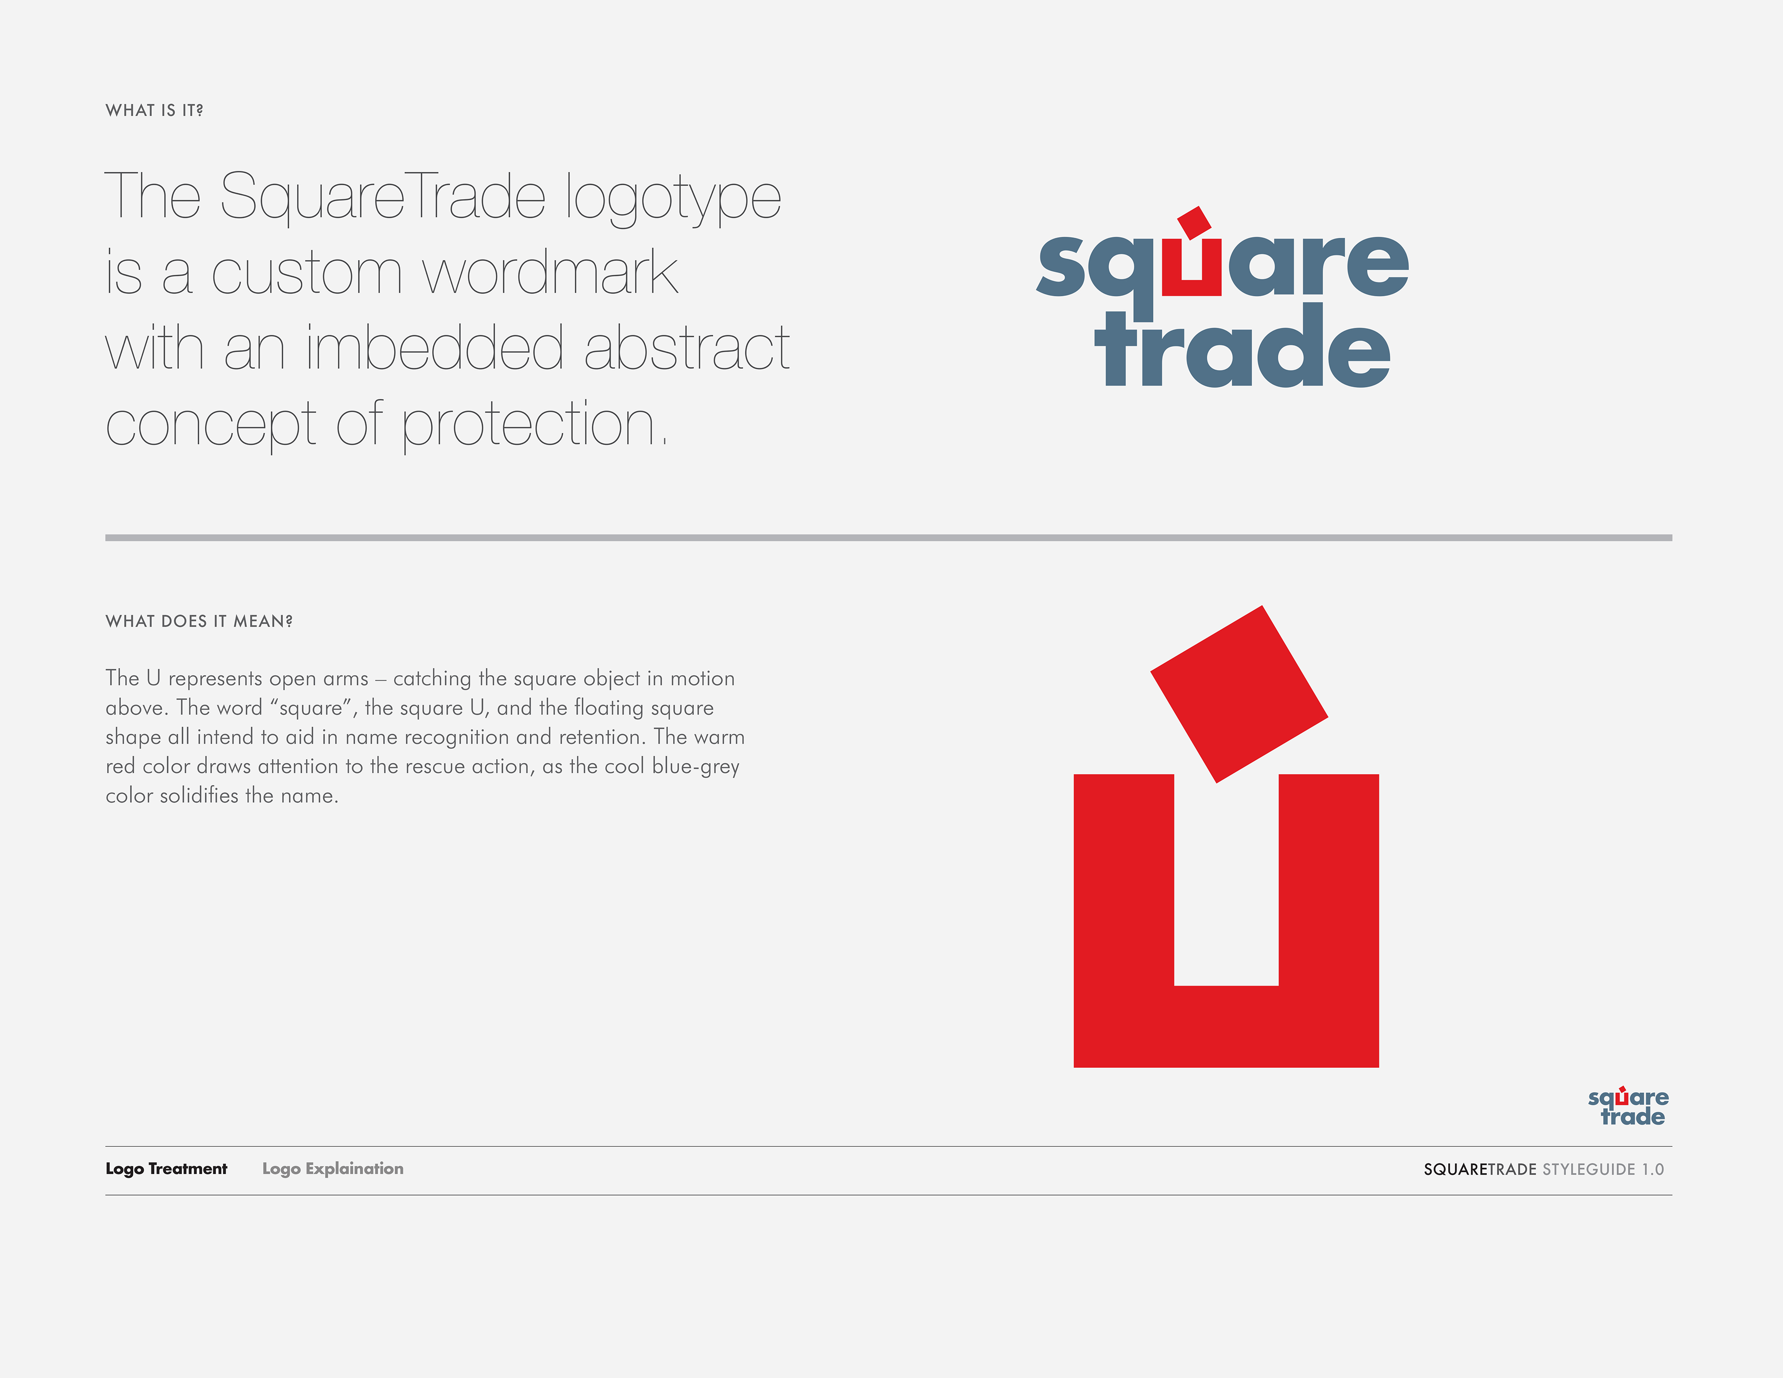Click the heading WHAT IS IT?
[x=154, y=110]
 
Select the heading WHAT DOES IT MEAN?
[x=199, y=621]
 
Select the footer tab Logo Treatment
[x=167, y=1169]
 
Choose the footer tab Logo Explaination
[x=333, y=1169]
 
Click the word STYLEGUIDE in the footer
[x=1589, y=1170]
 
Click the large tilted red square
[x=1239, y=694]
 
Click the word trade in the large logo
[x=1243, y=346]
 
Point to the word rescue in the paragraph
[x=437, y=767]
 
